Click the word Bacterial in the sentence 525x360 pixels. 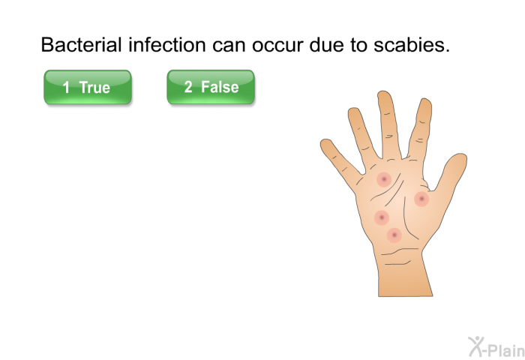[x=81, y=44]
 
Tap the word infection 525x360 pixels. [x=167, y=44]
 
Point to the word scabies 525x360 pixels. [x=412, y=44]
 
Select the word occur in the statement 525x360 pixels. [x=277, y=46]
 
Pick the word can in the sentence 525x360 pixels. [x=229, y=46]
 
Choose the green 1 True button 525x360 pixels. [x=88, y=87]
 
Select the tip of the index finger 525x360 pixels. [x=424, y=100]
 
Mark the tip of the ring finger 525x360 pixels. [x=353, y=109]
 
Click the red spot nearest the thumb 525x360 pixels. [x=421, y=199]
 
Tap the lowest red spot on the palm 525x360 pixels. [x=394, y=235]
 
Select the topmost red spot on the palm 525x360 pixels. [x=384, y=179]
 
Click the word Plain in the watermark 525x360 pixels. [x=505, y=350]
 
